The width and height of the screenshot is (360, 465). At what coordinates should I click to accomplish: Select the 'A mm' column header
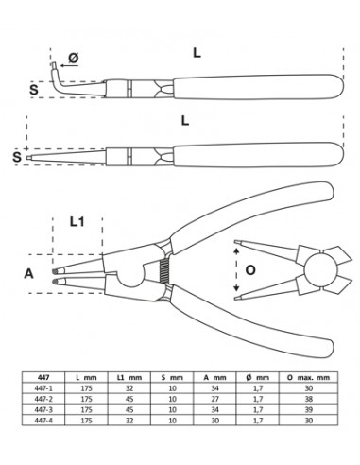pyautogui.click(x=218, y=376)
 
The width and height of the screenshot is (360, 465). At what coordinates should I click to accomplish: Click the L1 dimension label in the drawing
pyautogui.click(x=79, y=224)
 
